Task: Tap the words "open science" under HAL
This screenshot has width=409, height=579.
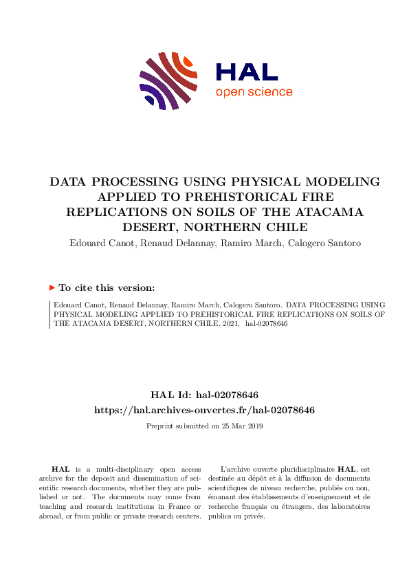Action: pyautogui.click(x=254, y=92)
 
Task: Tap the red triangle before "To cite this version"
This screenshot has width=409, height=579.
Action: pyautogui.click(x=52, y=288)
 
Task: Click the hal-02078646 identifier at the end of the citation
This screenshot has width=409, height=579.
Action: pyautogui.click(x=267, y=323)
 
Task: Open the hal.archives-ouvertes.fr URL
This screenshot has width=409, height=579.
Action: pyautogui.click(x=204, y=410)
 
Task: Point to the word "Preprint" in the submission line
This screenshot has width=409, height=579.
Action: pyautogui.click(x=161, y=426)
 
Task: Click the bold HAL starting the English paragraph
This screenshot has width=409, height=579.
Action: pyautogui.click(x=60, y=468)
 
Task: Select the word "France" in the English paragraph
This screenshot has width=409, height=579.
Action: pyautogui.click(x=181, y=497)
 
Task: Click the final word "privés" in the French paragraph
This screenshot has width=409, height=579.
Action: pyautogui.click(x=254, y=516)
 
